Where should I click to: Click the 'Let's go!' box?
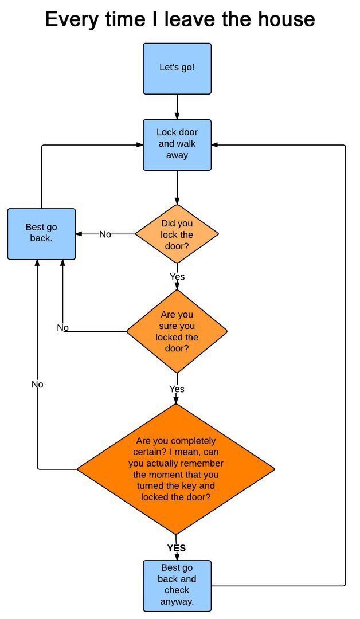177,69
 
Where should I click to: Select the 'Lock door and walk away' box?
177,145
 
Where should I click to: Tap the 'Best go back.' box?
41,234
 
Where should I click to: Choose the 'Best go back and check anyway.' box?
177,585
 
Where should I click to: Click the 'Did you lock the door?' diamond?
177,234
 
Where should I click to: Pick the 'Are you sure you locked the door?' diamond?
177,331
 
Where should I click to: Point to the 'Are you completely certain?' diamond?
176,469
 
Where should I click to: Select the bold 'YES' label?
177,548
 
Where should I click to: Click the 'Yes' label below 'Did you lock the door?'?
177,277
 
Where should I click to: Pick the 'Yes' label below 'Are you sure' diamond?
177,389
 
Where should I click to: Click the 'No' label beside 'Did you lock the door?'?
105,234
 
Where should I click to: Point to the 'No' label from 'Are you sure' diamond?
62,327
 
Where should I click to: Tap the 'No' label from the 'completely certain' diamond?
37,384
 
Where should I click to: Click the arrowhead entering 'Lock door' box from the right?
214,145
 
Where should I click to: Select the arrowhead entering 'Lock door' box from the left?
140,145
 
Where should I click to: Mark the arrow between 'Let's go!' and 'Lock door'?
177,107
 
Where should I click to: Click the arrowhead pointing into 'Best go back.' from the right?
79,234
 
